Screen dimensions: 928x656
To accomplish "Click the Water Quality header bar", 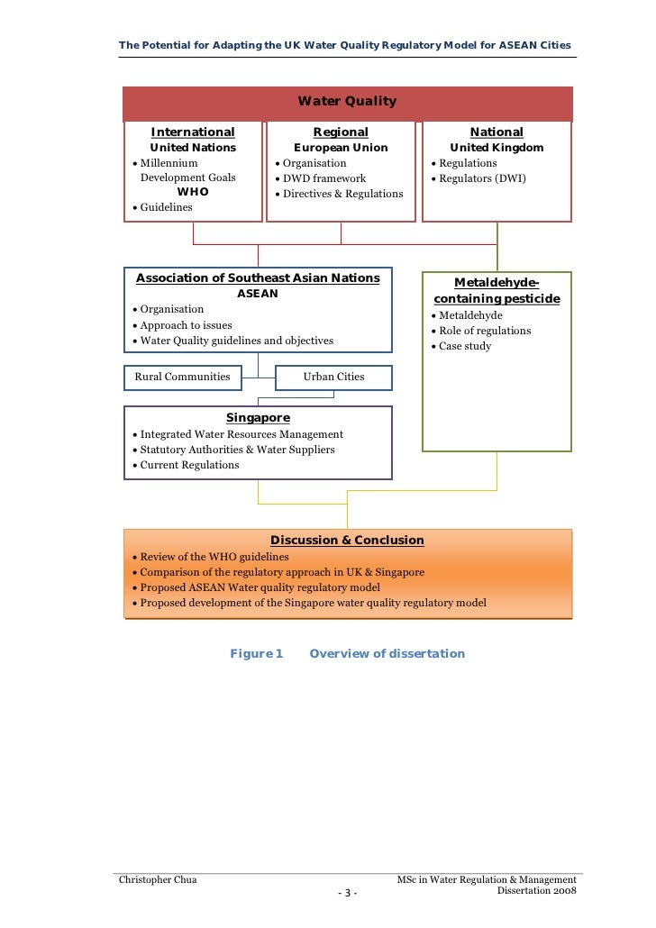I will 347,102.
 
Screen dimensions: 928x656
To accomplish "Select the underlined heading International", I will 193,132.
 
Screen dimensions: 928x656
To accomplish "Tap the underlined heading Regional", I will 341,132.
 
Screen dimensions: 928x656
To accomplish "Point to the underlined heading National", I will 497,132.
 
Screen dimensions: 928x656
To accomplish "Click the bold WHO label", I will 193,192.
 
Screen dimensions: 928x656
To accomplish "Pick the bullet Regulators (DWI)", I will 482,178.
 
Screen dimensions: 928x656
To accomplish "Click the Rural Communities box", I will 182,377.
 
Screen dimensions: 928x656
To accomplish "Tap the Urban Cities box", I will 333,377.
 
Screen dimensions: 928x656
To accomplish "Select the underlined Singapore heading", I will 258,418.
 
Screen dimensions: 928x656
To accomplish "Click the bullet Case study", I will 465,346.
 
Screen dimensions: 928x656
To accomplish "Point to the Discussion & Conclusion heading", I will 347,541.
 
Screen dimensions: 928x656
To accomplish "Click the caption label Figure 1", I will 257,654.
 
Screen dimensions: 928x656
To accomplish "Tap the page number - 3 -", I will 347,893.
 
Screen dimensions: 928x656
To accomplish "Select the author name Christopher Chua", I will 159,879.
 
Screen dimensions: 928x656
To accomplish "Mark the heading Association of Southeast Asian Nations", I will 258,278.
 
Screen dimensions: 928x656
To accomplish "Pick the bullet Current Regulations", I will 189,465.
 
